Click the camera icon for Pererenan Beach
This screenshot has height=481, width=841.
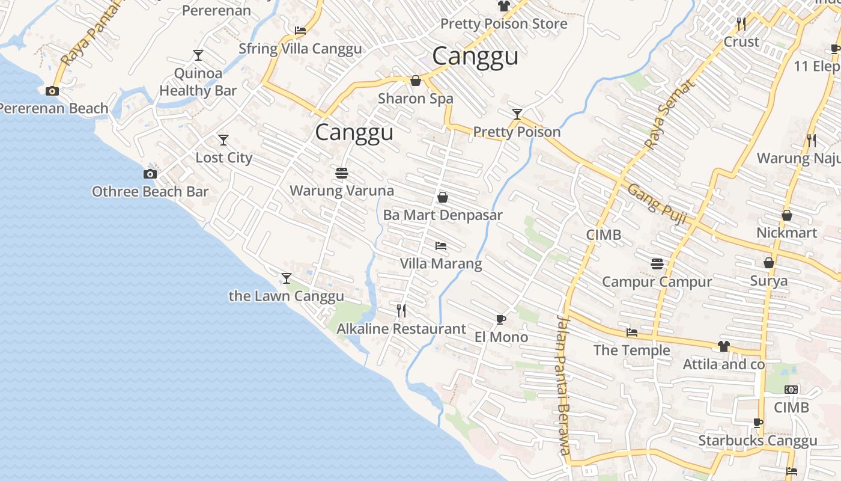click(52, 91)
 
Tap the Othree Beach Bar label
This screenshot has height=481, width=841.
click(150, 192)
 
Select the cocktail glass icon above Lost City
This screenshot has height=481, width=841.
click(223, 140)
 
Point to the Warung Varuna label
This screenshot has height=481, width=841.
click(342, 191)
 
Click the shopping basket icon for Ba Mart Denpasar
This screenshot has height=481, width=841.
click(443, 197)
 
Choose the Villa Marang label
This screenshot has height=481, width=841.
click(441, 264)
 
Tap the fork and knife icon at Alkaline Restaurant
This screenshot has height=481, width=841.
click(401, 311)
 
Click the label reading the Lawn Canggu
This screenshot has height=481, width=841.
click(287, 296)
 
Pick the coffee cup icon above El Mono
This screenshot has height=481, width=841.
click(501, 319)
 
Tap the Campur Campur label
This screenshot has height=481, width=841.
click(657, 282)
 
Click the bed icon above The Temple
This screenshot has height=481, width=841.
click(631, 332)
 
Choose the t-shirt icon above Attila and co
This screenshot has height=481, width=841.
click(723, 346)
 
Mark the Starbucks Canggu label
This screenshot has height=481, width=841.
click(758, 441)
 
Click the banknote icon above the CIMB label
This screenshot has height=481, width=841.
click(791, 390)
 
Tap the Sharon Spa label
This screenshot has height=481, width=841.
click(416, 99)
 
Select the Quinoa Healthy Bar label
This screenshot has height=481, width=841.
click(198, 82)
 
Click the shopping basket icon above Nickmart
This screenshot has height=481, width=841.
click(786, 215)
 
